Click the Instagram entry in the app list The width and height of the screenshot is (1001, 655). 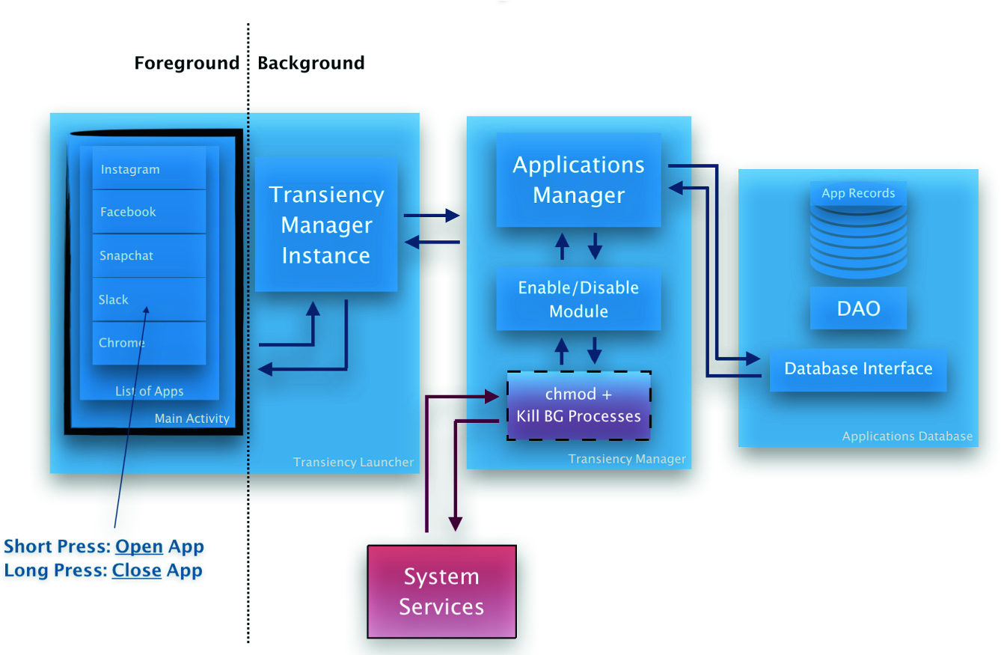click(149, 169)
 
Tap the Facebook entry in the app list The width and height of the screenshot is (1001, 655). click(149, 212)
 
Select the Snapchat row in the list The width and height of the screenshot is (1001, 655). click(149, 255)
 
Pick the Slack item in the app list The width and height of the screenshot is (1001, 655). click(149, 299)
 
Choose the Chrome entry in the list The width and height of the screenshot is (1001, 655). click(149, 343)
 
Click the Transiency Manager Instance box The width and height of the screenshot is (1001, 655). click(325, 225)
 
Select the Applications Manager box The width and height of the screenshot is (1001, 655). click(578, 180)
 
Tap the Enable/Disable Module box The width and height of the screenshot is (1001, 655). click(578, 299)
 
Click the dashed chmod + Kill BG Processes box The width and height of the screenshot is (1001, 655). click(578, 406)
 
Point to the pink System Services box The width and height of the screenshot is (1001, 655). click(441, 591)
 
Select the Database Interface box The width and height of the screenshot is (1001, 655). click(858, 369)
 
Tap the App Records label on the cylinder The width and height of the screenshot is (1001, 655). click(858, 193)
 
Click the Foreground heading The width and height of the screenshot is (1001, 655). click(187, 63)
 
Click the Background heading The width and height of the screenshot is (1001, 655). click(311, 63)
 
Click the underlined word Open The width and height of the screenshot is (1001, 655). click(139, 546)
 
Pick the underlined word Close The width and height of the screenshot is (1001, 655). click(137, 570)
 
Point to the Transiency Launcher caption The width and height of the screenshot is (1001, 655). click(353, 462)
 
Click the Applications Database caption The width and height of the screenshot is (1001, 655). click(907, 436)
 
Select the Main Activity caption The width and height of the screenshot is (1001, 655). click(192, 418)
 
